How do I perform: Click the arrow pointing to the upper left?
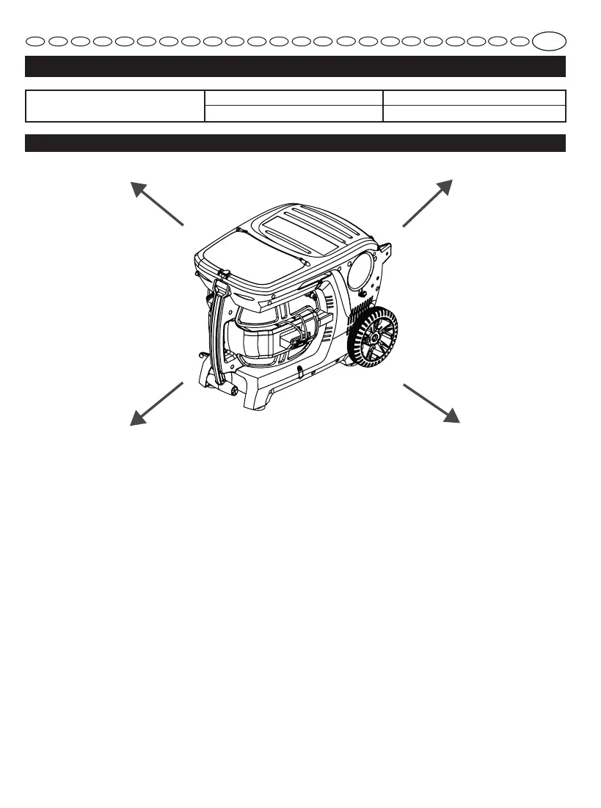click(x=156, y=202)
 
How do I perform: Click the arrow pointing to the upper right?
click(x=429, y=202)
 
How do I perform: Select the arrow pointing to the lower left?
click(x=156, y=403)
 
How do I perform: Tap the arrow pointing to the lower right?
click(x=431, y=401)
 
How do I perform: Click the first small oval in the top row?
click(x=36, y=41)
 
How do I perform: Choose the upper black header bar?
click(x=295, y=66)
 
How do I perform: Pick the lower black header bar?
click(x=295, y=142)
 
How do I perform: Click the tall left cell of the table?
click(x=114, y=106)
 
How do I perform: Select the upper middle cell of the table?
click(x=294, y=98)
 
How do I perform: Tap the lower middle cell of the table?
click(x=294, y=114)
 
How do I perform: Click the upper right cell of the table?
click(x=474, y=98)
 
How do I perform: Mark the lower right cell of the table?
click(x=474, y=114)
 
